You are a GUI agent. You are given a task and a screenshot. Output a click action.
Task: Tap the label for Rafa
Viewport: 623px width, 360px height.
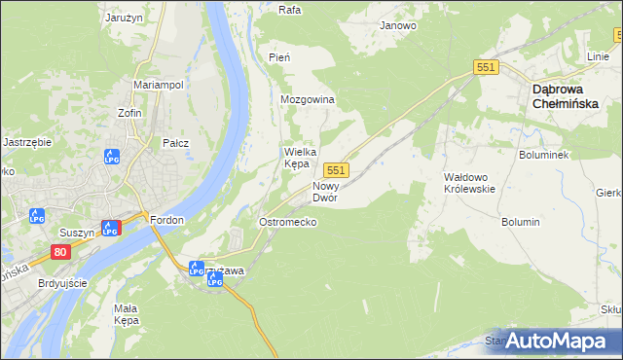(288, 11)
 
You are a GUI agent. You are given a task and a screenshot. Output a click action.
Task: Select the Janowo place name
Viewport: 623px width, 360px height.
(398, 25)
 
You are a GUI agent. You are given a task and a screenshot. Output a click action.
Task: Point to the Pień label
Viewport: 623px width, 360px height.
(279, 58)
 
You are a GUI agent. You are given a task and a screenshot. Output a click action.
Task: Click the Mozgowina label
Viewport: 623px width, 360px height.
(308, 100)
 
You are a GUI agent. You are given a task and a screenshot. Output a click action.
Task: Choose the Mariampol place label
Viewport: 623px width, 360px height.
(159, 85)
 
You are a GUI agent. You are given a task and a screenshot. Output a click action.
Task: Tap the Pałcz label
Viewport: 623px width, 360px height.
(175, 143)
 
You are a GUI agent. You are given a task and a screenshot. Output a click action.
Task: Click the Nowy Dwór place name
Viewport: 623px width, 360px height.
(324, 192)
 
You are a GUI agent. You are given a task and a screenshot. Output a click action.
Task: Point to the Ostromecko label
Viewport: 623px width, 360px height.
(287, 222)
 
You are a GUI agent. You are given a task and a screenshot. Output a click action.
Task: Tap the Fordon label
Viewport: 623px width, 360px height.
(167, 220)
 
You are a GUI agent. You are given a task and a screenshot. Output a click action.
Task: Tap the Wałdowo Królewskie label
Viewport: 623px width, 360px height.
(470, 183)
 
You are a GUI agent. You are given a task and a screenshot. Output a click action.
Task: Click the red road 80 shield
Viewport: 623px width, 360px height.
(61, 252)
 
